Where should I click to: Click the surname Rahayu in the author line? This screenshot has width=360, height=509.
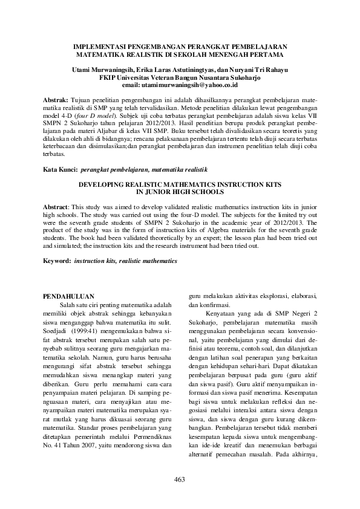pyautogui.click(x=272, y=70)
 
